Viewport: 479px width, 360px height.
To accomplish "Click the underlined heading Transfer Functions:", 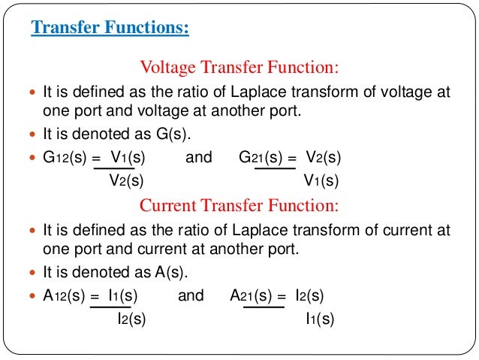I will [110, 29].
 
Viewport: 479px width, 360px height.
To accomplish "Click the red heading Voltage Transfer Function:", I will [239, 68].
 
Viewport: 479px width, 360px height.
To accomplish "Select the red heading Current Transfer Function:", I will [239, 205].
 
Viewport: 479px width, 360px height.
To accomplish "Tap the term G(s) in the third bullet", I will [172, 135].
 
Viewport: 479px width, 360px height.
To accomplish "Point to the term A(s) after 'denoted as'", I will [172, 272].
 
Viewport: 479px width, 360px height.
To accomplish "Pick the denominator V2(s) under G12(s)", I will [123, 180].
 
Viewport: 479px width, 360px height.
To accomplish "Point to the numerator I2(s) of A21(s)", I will [309, 295].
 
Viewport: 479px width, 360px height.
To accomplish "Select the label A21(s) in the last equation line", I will [252, 295].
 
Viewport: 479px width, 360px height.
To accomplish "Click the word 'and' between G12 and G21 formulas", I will [198, 158].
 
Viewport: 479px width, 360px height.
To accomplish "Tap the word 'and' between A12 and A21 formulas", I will [191, 295].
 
